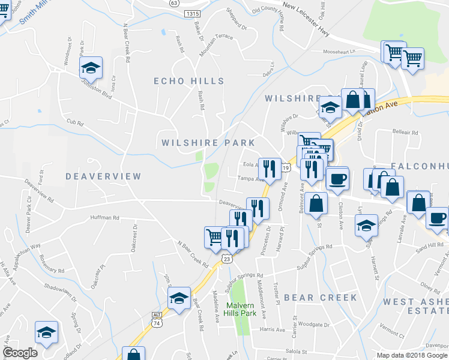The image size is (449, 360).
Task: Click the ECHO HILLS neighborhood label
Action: coord(188,81)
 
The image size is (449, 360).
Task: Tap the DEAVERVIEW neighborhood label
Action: coord(103,176)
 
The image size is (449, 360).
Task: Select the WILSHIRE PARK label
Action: coord(208,143)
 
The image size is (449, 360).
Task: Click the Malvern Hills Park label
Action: coord(241,309)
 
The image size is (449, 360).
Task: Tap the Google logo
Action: coord(20,353)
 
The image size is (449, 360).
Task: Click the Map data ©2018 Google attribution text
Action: coord(412,355)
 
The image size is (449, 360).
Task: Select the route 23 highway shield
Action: coord(226,258)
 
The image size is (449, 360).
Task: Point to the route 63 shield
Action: coord(174,3)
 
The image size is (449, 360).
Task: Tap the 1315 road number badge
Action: coord(193,13)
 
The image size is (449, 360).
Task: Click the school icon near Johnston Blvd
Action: coord(90,67)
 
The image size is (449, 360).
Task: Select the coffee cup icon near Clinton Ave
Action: coord(337,178)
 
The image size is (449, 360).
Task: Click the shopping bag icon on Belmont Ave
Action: coord(316,203)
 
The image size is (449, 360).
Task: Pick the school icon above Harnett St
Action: coord(366,226)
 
